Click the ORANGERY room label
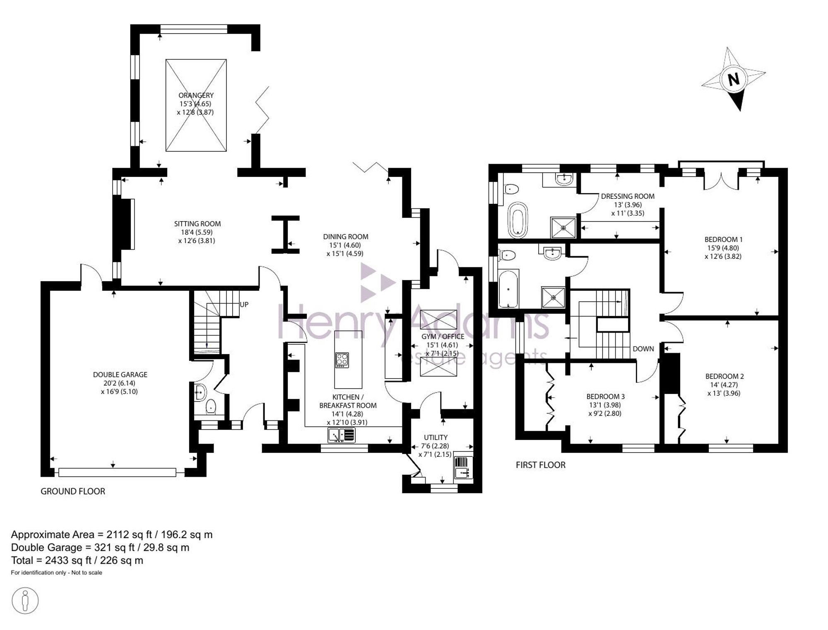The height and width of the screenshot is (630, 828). (x=196, y=95)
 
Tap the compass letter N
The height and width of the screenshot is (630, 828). (x=734, y=79)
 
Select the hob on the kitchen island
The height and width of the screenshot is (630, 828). (x=342, y=360)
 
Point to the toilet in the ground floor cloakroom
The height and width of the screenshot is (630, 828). (x=211, y=407)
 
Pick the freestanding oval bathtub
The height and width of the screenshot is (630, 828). (x=517, y=220)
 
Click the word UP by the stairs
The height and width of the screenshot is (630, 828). (x=244, y=304)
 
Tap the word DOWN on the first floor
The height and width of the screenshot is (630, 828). (x=643, y=349)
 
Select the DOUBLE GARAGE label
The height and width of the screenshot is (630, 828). (x=120, y=374)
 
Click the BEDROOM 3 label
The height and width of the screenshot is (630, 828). (x=605, y=396)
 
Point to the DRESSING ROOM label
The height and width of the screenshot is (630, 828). (x=628, y=196)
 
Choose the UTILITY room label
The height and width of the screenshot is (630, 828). (x=436, y=437)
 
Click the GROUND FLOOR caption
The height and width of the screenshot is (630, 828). (x=73, y=491)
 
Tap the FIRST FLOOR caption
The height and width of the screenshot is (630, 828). (x=540, y=465)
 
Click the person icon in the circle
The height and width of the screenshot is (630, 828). (x=25, y=600)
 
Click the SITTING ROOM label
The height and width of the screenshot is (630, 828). (x=197, y=224)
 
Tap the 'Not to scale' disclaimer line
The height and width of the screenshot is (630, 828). (x=56, y=573)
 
